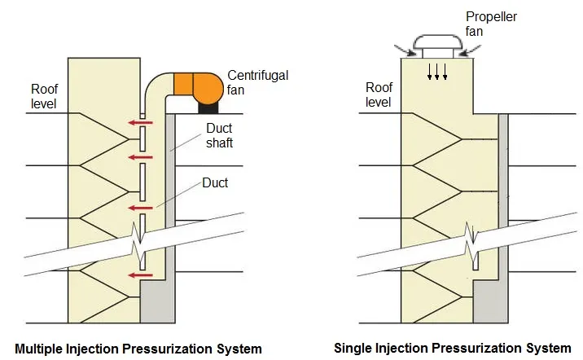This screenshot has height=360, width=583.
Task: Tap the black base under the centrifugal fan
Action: [x=208, y=108]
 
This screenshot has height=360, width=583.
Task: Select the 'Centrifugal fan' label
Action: [x=257, y=82]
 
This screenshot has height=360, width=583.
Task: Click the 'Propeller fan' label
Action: [x=491, y=24]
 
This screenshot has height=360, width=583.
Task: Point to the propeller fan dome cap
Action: [x=438, y=42]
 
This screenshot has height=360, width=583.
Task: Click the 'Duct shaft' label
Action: [x=219, y=135]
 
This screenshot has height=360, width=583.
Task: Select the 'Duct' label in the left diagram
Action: [x=215, y=182]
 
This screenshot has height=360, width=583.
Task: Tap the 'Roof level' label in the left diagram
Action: [x=44, y=96]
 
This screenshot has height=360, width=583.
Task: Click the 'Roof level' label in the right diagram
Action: [x=379, y=94]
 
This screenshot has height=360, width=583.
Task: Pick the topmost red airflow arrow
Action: [x=141, y=122]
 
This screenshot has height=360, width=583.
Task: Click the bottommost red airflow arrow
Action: [x=141, y=275]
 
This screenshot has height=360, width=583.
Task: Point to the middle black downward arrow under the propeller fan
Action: [x=437, y=72]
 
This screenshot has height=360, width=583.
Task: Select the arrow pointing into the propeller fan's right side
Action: [x=471, y=51]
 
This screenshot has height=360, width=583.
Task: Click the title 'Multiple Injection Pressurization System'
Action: [x=138, y=349]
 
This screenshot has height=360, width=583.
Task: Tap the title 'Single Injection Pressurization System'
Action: [x=453, y=348]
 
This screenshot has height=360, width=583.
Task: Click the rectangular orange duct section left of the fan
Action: [x=183, y=84]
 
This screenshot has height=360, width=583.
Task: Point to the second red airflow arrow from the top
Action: [x=141, y=157]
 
